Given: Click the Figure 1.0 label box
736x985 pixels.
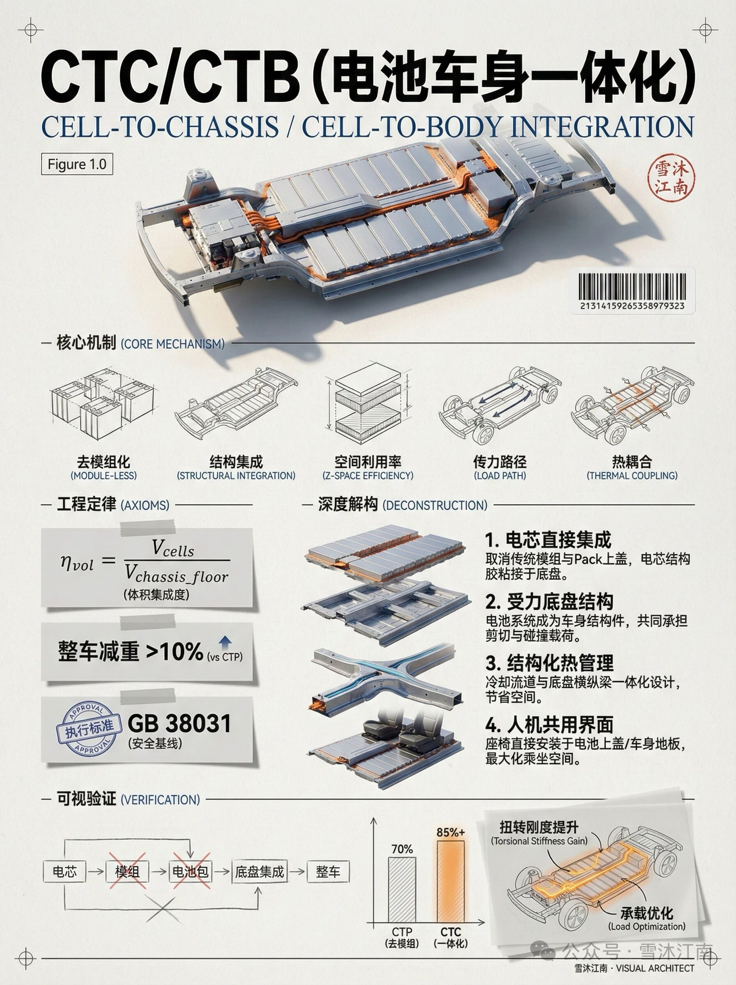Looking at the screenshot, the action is click(x=77, y=164).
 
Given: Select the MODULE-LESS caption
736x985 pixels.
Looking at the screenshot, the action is click(x=103, y=476).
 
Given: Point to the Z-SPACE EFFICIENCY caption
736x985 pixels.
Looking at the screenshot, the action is click(x=368, y=476).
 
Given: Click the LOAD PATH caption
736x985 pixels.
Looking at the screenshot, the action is click(x=499, y=476).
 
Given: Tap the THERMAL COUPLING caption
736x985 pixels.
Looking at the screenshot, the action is click(x=632, y=476).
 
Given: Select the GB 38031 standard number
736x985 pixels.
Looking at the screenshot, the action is click(x=179, y=724).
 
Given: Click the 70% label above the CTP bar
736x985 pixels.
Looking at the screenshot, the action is click(x=402, y=849).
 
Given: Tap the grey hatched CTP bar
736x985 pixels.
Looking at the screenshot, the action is click(x=402, y=889).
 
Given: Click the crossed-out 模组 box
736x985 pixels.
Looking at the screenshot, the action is click(x=127, y=871).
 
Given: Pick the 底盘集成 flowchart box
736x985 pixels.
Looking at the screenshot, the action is click(x=259, y=871).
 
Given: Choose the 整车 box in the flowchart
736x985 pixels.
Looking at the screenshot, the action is click(x=328, y=871).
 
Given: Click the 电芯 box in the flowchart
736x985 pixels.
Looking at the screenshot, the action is click(x=64, y=871).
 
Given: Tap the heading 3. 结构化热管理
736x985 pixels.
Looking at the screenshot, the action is click(x=549, y=664).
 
